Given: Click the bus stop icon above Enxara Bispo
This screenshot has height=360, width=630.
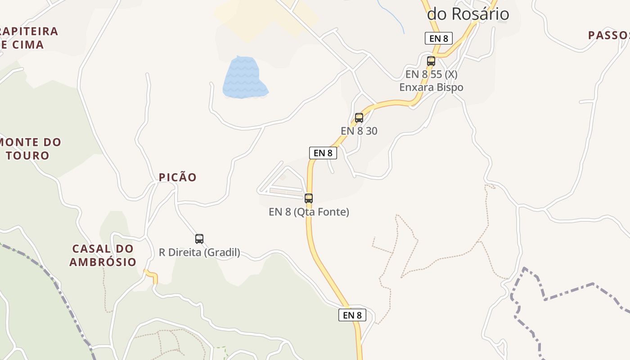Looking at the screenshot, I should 431,61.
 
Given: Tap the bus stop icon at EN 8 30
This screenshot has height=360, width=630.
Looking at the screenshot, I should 359,118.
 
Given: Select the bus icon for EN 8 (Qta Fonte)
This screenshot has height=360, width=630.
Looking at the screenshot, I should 309,198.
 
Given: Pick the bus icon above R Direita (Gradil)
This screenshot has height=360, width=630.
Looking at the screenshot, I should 199,238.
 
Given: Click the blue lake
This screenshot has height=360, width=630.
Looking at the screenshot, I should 244,77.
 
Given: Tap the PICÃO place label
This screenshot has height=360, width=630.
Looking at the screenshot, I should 178,177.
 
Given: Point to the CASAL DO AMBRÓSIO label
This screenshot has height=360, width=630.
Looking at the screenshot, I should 103,255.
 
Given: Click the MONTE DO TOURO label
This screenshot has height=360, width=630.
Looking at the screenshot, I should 31,149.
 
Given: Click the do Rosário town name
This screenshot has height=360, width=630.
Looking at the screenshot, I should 468,14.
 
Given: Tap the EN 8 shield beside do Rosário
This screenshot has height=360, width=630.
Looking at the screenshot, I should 438,38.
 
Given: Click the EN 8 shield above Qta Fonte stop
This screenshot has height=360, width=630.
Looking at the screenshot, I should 323,153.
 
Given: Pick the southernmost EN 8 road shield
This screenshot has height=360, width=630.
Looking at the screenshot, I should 352,315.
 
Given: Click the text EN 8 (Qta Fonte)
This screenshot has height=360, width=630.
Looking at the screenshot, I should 309,211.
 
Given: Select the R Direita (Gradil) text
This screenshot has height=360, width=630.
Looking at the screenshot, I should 199,252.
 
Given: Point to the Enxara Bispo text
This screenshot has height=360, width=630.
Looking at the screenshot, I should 431,87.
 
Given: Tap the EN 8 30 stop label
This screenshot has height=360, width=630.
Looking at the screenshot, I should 359,131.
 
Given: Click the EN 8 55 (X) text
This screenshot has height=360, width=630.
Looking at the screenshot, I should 431,74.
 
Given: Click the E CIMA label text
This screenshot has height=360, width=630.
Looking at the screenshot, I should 22,45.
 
